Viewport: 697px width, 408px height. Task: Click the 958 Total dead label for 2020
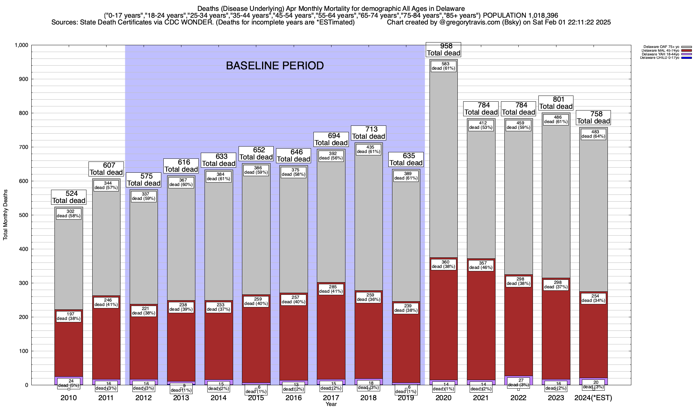pos(443,50)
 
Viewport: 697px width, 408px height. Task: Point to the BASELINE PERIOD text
pos(275,66)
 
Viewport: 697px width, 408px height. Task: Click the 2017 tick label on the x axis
pos(331,398)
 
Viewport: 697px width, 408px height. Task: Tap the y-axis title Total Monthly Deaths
pos(5,215)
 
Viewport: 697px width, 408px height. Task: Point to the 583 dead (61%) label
pos(443,66)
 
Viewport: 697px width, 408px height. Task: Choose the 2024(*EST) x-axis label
pos(593,398)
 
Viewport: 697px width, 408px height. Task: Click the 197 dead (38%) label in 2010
pos(69,316)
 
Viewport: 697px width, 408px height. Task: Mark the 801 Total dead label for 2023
pos(556,103)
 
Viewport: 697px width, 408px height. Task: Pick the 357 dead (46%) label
pos(481,266)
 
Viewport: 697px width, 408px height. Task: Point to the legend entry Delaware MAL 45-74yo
pos(660,51)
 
